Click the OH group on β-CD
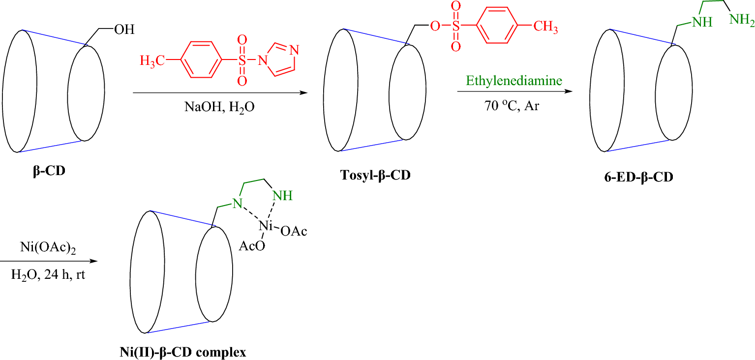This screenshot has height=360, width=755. tap(124, 30)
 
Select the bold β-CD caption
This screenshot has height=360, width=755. tap(49, 172)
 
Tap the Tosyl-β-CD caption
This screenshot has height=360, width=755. tap(375, 176)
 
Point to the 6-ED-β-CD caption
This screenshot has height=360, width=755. tap(638, 178)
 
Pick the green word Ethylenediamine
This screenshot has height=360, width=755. tap(514, 81)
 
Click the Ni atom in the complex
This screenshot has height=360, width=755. tap(266, 226)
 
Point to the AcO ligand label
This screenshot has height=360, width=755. tap(252, 246)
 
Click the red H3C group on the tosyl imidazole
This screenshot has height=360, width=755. tap(153, 61)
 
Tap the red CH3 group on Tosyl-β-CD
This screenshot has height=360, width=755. tap(546, 27)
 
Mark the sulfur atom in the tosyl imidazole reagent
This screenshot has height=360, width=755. tap(241, 61)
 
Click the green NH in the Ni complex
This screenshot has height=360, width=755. tap(282, 196)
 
